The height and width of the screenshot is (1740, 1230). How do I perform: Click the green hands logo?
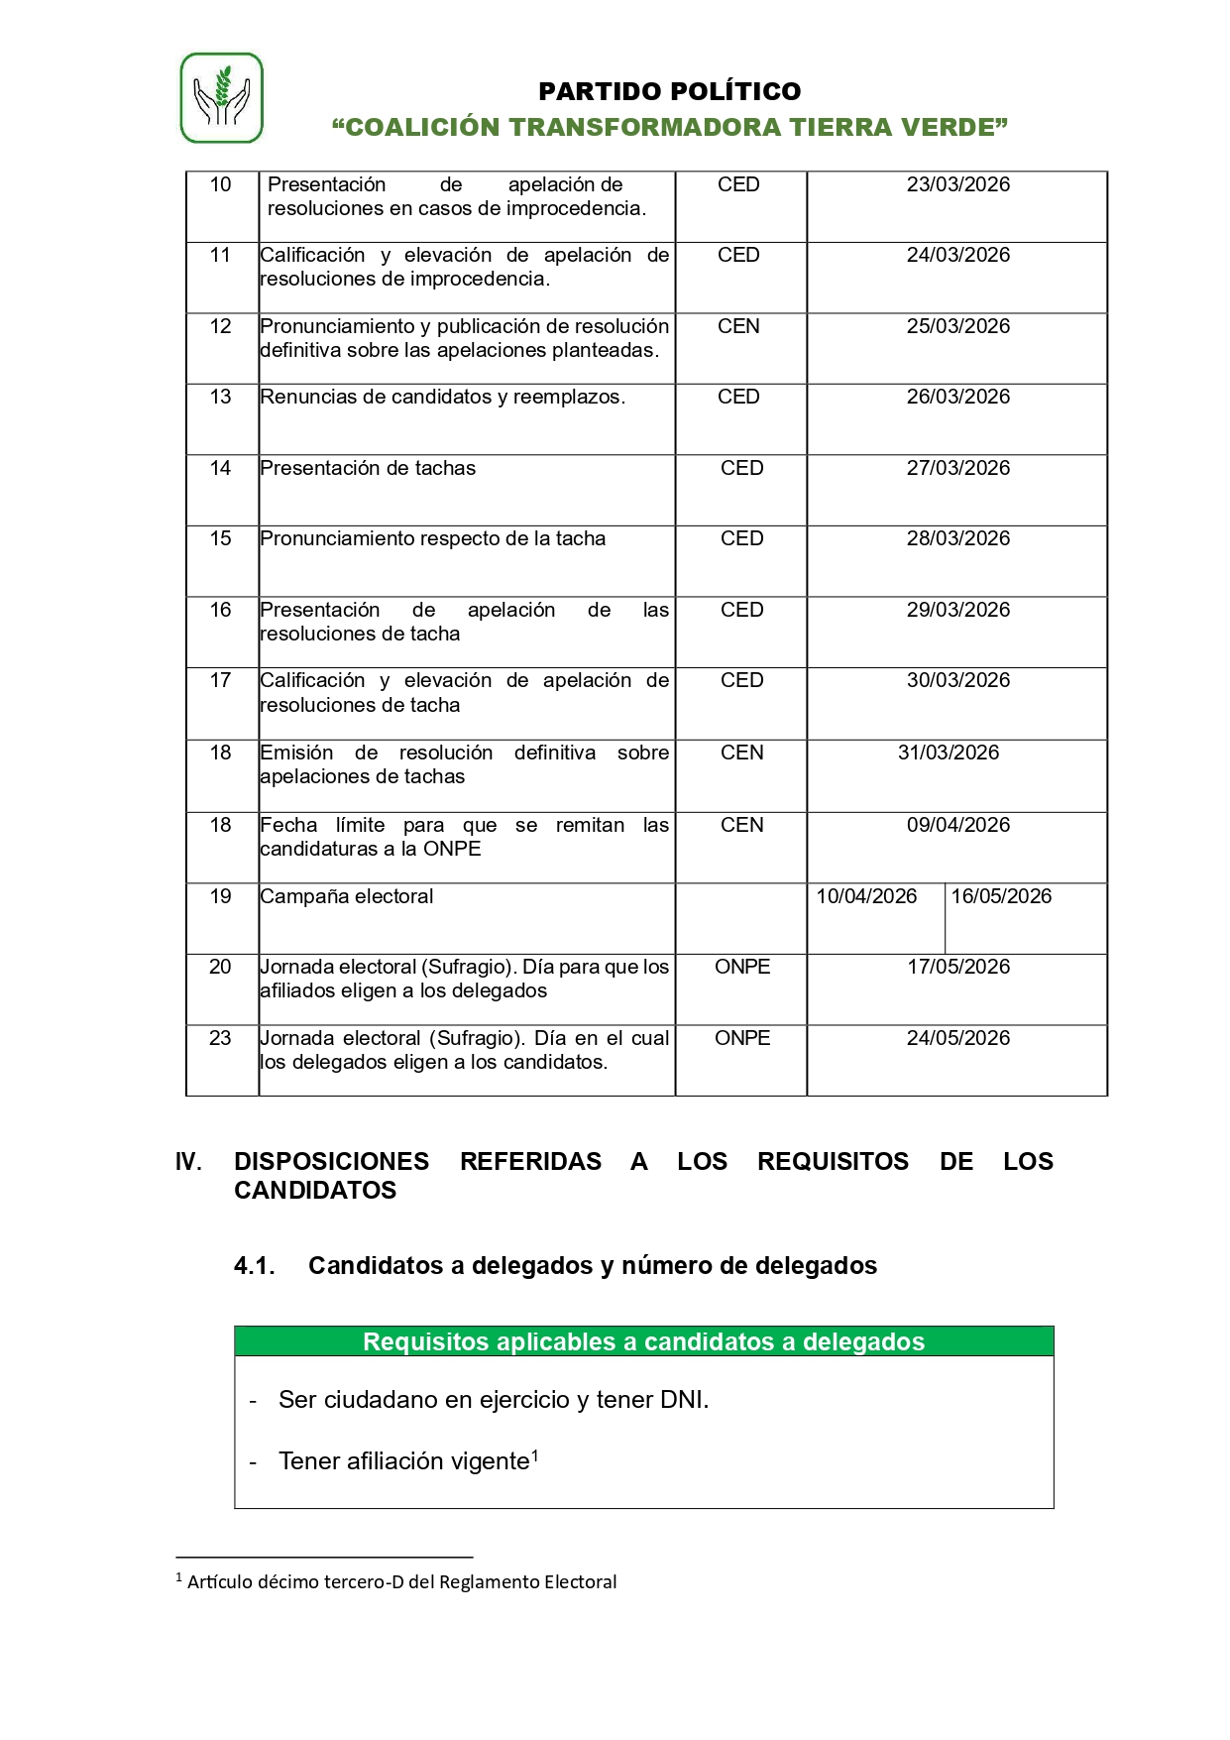click(x=221, y=98)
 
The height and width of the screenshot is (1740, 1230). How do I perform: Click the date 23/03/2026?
click(x=957, y=184)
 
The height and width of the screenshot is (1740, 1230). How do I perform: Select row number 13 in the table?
click(x=220, y=397)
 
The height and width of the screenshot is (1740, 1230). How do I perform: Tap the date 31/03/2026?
click(x=948, y=753)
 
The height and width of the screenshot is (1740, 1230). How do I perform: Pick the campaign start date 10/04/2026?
click(x=866, y=896)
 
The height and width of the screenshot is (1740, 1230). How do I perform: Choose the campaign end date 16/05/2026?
click(x=1001, y=896)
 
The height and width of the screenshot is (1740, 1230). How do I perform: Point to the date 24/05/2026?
click(x=957, y=1038)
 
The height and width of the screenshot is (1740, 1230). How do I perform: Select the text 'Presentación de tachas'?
click(x=368, y=468)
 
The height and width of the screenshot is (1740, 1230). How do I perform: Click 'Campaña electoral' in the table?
click(x=347, y=896)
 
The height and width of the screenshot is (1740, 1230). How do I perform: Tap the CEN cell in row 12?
click(x=738, y=326)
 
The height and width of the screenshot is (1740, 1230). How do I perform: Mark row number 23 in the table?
click(x=220, y=1038)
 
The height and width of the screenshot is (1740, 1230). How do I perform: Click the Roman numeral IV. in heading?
click(x=188, y=1161)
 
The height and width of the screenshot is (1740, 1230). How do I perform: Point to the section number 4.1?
click(x=254, y=1266)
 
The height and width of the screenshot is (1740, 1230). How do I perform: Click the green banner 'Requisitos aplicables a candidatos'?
click(x=643, y=1341)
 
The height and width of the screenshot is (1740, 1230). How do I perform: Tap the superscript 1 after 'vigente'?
click(x=535, y=1454)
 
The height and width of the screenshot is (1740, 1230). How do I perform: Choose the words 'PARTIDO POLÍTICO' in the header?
click(x=669, y=91)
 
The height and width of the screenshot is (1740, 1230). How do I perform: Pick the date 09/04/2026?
click(x=957, y=825)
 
